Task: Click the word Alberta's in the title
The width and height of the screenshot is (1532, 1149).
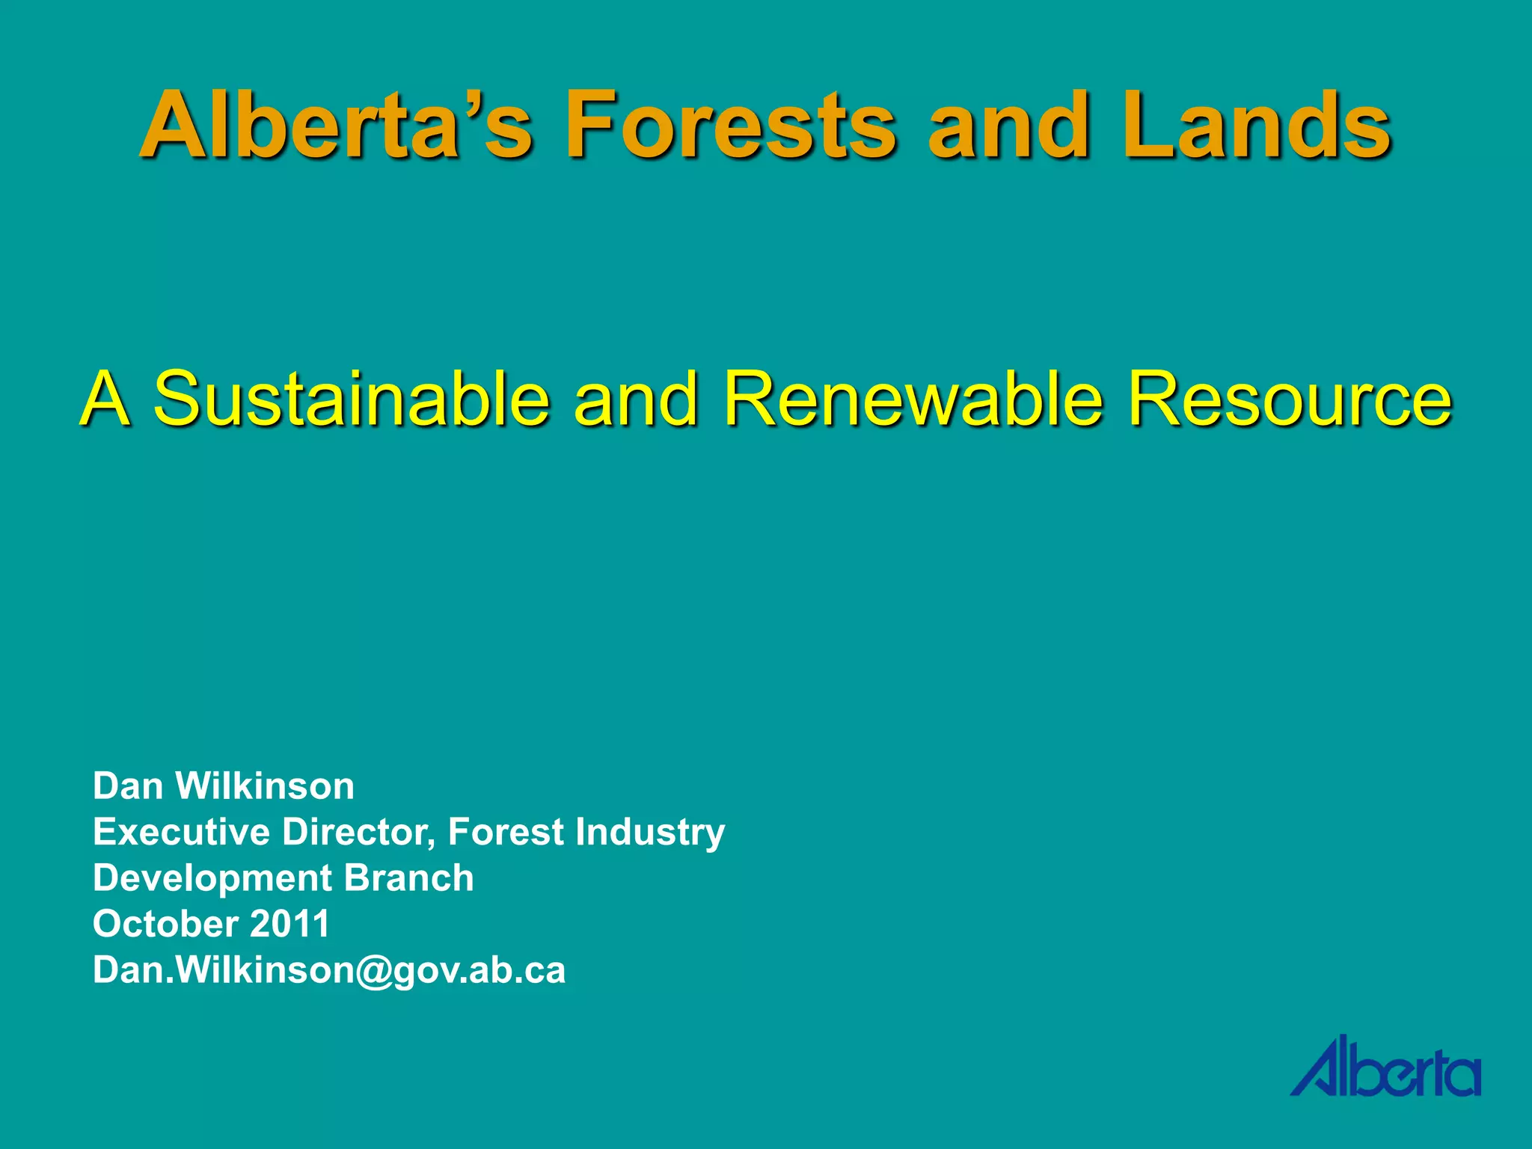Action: pyautogui.click(x=337, y=125)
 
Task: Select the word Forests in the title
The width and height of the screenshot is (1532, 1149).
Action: pyautogui.click(x=730, y=125)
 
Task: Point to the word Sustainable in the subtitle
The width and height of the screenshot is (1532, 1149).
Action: pyautogui.click(x=352, y=398)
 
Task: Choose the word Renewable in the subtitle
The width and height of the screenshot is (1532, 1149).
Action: pyautogui.click(x=913, y=398)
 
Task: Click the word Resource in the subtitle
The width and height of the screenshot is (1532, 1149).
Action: pyautogui.click(x=1290, y=398)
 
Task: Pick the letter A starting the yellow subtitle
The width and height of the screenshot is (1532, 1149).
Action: pyautogui.click(x=105, y=398)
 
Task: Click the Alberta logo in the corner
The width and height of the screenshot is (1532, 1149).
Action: pyautogui.click(x=1385, y=1067)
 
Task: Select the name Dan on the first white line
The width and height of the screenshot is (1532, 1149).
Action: pyautogui.click(x=128, y=786)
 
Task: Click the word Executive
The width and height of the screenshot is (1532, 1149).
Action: pyautogui.click(x=181, y=832)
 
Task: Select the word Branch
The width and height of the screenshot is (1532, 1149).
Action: pyautogui.click(x=408, y=878)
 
